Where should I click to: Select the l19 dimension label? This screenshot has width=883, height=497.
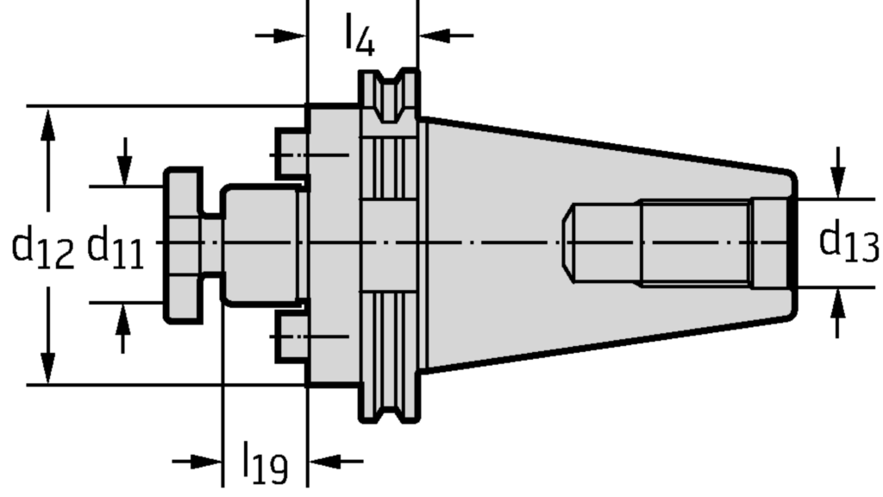point(265,463)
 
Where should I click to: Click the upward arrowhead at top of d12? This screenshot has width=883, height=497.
point(48,125)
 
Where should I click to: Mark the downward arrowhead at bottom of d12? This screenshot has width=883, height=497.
point(48,368)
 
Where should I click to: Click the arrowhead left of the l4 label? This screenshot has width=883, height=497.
point(290,36)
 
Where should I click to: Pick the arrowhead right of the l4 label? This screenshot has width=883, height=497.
point(435,35)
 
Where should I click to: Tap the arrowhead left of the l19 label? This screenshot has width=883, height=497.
point(206,462)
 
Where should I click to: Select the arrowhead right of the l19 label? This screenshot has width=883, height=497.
point(325,462)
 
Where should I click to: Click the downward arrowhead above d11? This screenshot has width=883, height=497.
point(124,169)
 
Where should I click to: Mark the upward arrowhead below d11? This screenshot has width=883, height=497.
point(123,319)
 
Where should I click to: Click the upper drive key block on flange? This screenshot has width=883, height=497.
point(291,154)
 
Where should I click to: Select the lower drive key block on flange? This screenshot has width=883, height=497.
point(291,337)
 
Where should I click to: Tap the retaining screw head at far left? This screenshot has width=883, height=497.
point(184,245)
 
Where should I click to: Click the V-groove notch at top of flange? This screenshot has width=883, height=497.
point(389,96)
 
